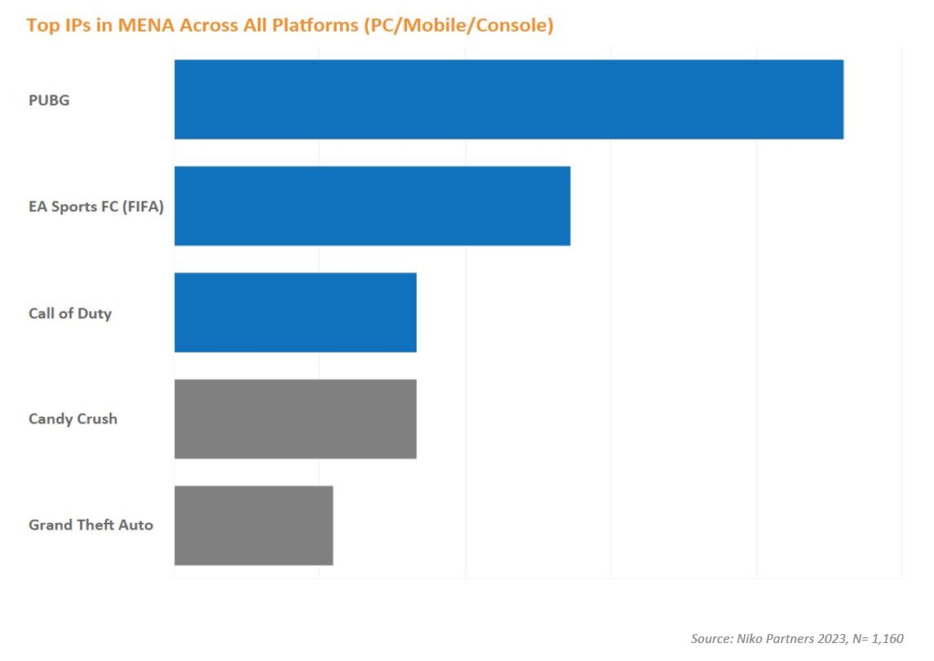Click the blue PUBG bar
509,99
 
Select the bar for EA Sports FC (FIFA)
372,206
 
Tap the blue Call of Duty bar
295,313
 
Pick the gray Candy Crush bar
295,419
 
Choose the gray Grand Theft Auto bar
254,525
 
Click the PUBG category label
49,100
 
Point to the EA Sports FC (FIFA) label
96,206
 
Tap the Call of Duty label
70,313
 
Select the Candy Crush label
73,419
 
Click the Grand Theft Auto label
91,525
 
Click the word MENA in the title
147,25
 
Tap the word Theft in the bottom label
95,525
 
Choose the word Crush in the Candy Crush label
97,419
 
